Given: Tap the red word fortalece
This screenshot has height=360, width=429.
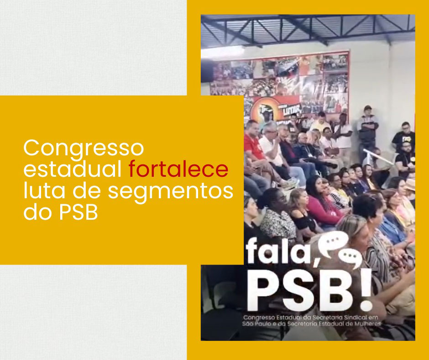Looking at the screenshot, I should [x=178, y=169].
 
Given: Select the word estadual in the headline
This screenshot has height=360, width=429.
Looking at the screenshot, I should [x=73, y=169].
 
